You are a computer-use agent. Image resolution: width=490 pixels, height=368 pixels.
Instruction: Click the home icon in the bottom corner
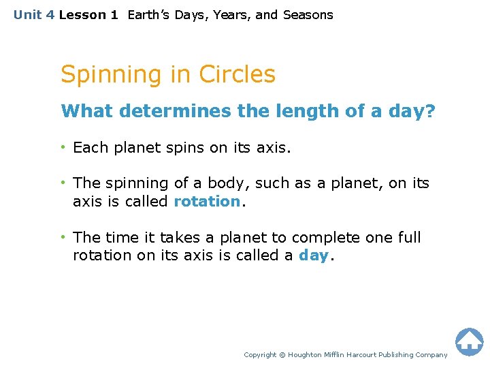(x=469, y=341)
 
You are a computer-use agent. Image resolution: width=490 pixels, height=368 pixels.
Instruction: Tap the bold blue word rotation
(x=207, y=202)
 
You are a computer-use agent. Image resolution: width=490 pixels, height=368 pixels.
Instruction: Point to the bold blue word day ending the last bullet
(x=314, y=256)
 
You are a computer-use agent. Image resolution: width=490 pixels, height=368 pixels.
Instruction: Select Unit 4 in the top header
(x=34, y=15)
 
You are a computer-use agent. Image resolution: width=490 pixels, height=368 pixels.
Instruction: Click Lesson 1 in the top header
(x=88, y=15)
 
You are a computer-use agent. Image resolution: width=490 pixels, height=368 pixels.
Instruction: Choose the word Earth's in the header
(x=149, y=15)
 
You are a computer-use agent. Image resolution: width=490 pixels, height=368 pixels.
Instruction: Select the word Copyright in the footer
(x=260, y=355)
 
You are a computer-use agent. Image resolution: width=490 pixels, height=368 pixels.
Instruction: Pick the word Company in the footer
(x=431, y=355)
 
